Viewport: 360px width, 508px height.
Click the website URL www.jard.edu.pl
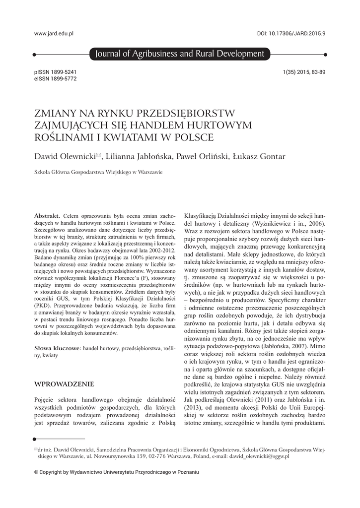[54, 33]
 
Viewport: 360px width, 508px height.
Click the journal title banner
[177, 54]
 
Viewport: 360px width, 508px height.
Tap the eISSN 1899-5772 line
[55, 78]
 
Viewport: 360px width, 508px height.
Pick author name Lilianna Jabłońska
[139, 157]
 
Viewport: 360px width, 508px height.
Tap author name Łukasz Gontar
[258, 157]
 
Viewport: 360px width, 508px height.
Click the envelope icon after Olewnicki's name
[98, 155]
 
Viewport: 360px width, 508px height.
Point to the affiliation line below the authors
[98, 173]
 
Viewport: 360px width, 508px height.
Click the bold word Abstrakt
[47, 216]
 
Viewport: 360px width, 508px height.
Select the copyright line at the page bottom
[116, 472]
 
